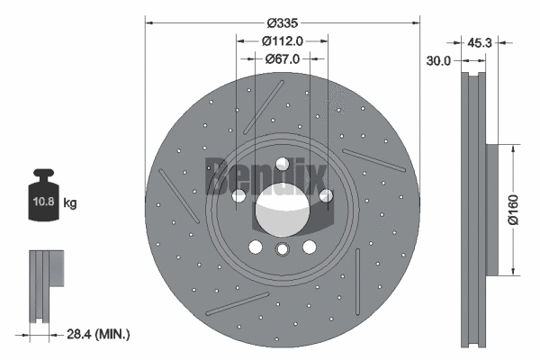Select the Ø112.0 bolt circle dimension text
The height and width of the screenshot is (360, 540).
pyautogui.click(x=282, y=40)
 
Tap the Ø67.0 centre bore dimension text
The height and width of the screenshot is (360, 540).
pyautogui.click(x=282, y=58)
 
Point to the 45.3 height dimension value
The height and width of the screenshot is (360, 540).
pyautogui.click(x=480, y=40)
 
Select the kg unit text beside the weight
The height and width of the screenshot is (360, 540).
pyautogui.click(x=71, y=203)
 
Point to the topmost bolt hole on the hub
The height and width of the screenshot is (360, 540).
pyautogui.click(x=282, y=164)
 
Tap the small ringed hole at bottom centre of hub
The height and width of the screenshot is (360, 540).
pyautogui.click(x=282, y=250)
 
